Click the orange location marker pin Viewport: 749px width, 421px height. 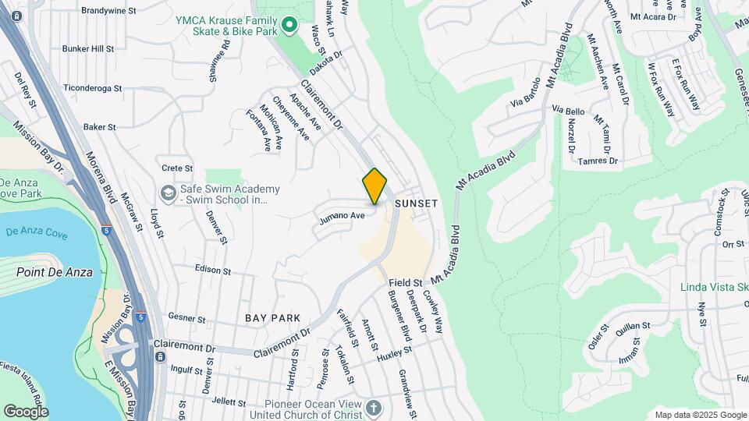click(375, 186)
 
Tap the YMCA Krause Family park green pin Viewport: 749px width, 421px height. click(289, 26)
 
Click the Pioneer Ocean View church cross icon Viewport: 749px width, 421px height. click(374, 408)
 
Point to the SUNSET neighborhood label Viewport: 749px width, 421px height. click(416, 203)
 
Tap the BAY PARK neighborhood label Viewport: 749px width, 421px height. click(272, 318)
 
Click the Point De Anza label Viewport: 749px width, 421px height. click(55, 272)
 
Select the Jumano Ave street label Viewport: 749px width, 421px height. click(342, 218)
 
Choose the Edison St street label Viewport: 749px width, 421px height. click(213, 270)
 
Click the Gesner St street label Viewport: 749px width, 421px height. click(186, 319)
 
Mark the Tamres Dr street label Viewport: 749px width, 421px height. click(598, 161)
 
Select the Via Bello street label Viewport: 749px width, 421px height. click(568, 111)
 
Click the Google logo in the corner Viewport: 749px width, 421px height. click(26, 411)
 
